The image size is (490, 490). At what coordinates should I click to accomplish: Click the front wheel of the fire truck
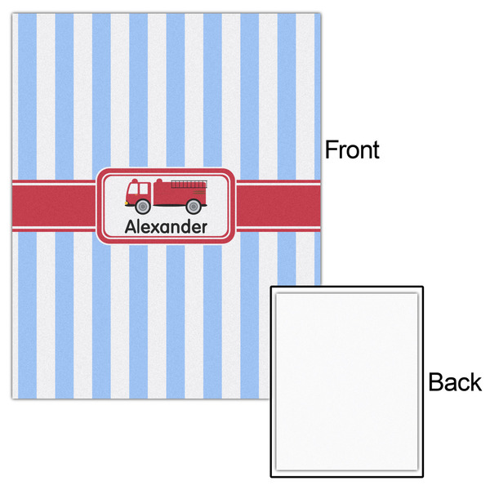tap(142, 207)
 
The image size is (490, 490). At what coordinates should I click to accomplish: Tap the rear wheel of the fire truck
tap(194, 207)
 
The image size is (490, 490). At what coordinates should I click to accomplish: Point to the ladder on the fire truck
tap(189, 185)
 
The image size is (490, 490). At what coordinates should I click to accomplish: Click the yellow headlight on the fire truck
tap(127, 203)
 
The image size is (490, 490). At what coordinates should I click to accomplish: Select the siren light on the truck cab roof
tap(135, 180)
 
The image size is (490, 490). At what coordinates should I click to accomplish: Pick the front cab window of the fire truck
tap(133, 189)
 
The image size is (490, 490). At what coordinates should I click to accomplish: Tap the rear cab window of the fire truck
tap(144, 189)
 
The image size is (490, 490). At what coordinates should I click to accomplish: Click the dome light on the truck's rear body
tap(159, 180)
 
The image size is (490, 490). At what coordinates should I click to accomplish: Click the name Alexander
tap(166, 226)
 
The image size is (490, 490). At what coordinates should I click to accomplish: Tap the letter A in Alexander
tap(131, 226)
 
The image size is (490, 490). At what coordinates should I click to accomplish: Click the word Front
tap(352, 149)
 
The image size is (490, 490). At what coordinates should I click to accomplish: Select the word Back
tap(455, 382)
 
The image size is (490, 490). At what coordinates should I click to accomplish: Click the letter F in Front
tap(331, 149)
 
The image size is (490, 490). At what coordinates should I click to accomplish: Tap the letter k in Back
tap(476, 382)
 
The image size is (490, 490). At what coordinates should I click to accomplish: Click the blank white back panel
tap(347, 381)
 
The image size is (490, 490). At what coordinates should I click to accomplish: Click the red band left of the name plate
tap(54, 206)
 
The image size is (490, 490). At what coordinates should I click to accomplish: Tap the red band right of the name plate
tap(278, 206)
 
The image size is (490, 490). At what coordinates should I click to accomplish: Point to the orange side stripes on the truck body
tap(199, 192)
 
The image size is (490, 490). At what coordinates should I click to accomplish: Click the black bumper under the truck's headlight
tap(127, 205)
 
